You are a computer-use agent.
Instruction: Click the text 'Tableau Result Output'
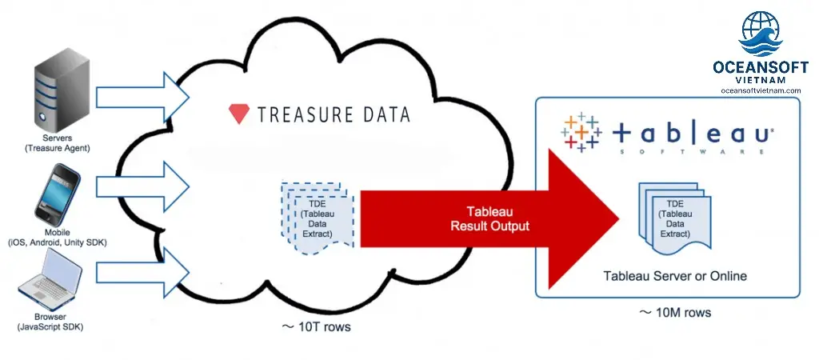[x=490, y=218]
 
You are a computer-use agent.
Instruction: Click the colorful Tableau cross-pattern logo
[x=581, y=131]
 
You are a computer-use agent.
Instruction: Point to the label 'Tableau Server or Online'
[x=675, y=276]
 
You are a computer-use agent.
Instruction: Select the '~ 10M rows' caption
[x=677, y=312]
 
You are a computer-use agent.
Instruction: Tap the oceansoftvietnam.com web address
[x=760, y=90]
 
